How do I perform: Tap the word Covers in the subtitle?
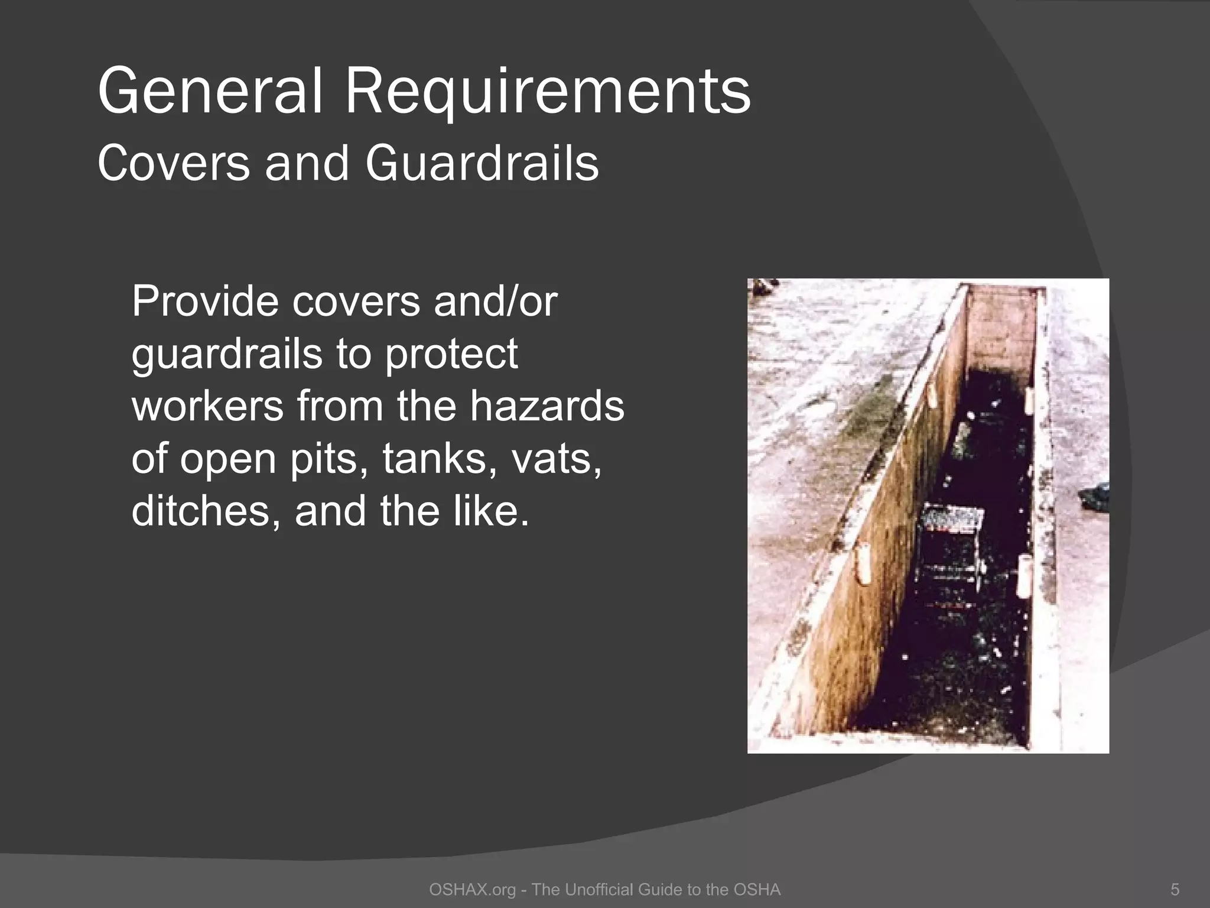[x=173, y=163]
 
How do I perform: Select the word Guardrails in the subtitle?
[x=482, y=163]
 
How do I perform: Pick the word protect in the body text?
[x=451, y=354]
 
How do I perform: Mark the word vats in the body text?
[x=556, y=459]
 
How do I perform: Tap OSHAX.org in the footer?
[x=473, y=890]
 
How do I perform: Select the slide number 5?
[x=1175, y=890]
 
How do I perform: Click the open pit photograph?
[x=928, y=515]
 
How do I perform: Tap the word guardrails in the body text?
[x=226, y=354]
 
